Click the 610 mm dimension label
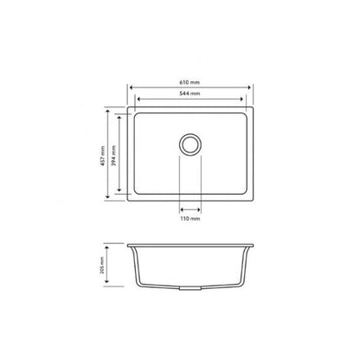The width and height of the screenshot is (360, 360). (x=190, y=77)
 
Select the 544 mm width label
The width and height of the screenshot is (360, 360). (x=190, y=92)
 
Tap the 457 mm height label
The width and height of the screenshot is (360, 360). (x=103, y=153)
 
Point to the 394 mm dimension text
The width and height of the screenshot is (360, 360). (x=117, y=153)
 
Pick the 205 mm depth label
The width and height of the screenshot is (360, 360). (x=102, y=266)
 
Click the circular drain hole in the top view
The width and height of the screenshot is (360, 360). (x=190, y=143)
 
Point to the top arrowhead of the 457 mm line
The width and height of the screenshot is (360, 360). (x=109, y=111)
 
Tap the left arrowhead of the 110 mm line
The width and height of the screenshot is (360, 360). (x=180, y=209)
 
